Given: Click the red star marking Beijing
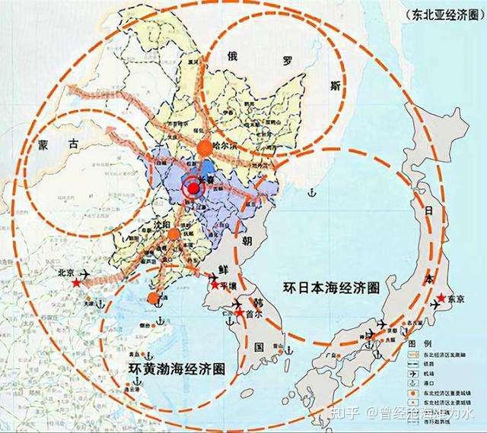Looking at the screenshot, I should [x=76, y=283].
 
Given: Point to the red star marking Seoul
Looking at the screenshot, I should [x=240, y=312].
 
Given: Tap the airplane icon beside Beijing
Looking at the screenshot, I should [x=84, y=273].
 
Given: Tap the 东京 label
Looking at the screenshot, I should [x=455, y=297].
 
